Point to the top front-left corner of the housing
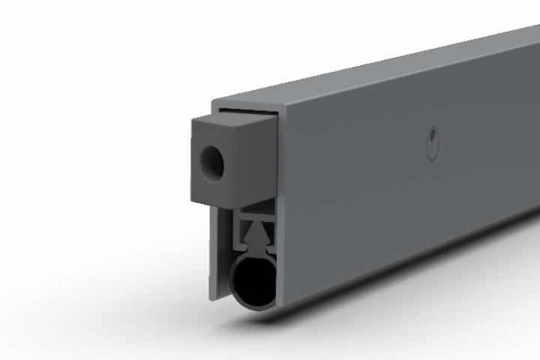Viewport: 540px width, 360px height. tap(213, 103)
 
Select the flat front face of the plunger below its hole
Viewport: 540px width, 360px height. tap(214, 187)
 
